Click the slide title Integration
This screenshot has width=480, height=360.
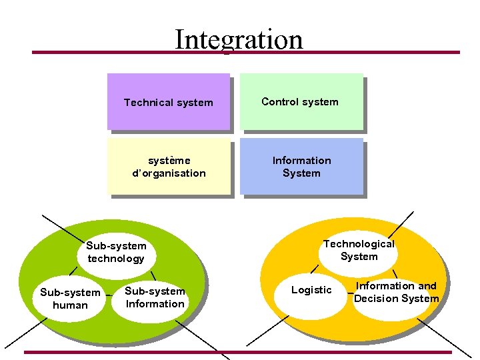point(238,39)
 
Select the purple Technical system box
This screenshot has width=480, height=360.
point(168,102)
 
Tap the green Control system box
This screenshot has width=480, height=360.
point(300,101)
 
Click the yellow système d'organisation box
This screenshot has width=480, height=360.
point(169,167)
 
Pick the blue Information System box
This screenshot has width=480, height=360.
point(301,167)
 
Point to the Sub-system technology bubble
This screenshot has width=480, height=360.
point(116,252)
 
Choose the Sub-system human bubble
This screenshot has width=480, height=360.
point(70,299)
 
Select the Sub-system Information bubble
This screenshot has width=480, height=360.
point(155,297)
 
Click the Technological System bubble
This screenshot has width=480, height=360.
point(359,250)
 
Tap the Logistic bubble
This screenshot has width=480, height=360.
point(311,290)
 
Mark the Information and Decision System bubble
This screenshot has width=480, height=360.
point(396,292)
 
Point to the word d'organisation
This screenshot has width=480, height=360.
point(169,173)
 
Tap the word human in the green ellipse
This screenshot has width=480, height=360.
point(70,305)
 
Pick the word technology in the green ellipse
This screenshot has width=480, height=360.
point(116,259)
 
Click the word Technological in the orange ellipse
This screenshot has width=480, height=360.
point(359,244)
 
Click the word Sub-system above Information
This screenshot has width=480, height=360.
point(155,291)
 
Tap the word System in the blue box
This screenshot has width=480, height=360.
point(301,173)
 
